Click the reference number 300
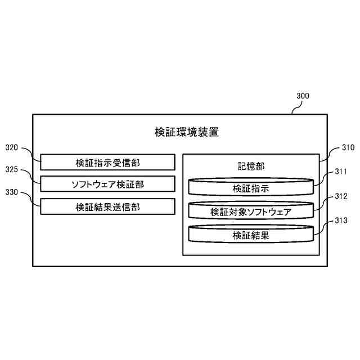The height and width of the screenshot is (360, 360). tap(303, 96)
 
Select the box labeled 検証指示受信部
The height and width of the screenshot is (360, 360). tap(107, 163)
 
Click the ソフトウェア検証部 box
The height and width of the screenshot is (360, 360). tap(107, 184)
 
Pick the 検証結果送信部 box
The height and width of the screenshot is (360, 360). tap(107, 206)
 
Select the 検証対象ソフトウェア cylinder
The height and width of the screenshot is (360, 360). tap(251, 211)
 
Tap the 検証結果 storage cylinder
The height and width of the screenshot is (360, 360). tap(251, 235)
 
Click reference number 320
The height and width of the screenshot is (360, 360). tap(12, 148)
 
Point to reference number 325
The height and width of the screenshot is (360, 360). tap(12, 169)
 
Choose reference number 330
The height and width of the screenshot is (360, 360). tap(12, 192)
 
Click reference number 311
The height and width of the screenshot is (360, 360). tap(341, 172)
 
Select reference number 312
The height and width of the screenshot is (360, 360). tap(341, 196)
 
